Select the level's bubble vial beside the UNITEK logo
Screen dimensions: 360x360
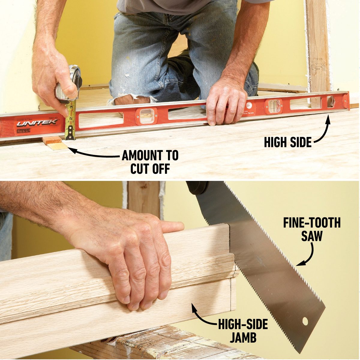146,116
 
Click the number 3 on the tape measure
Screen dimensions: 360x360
71,107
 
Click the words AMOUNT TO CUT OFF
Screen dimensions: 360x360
150,162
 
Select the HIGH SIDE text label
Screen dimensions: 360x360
287,142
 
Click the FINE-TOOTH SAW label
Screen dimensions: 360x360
312,229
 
